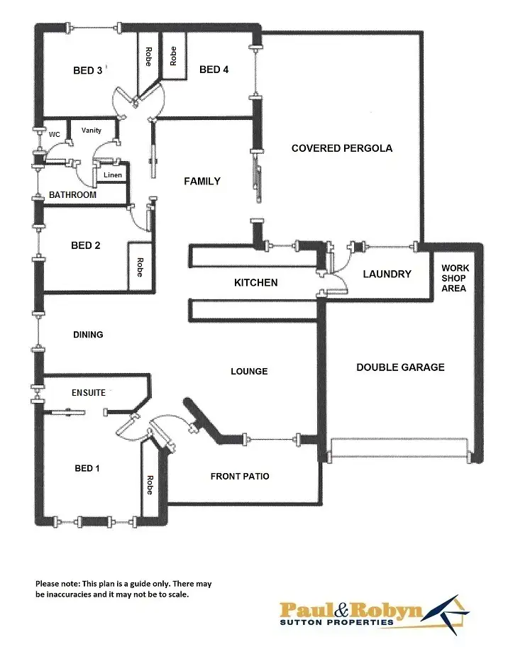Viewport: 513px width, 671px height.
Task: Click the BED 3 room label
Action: [x=88, y=70]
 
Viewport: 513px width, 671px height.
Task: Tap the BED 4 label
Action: [x=214, y=70]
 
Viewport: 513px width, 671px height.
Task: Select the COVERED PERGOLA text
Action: [x=342, y=148]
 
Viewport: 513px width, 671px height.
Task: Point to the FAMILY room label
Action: [x=202, y=182]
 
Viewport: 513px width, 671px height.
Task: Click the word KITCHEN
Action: [x=256, y=283]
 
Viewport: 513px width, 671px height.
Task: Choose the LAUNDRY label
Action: [x=387, y=274]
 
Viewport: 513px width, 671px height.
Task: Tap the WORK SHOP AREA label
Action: [x=454, y=278]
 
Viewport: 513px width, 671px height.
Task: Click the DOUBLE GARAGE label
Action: [x=400, y=367]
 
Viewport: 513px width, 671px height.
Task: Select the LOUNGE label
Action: [x=249, y=372]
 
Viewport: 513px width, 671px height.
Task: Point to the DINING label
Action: [x=88, y=335]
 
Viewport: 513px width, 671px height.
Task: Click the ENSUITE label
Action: [x=88, y=393]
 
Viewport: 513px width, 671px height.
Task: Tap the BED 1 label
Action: [x=87, y=469]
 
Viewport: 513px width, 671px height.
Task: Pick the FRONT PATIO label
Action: [x=240, y=477]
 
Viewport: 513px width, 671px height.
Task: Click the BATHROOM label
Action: [x=72, y=195]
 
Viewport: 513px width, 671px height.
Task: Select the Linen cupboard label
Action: [x=113, y=175]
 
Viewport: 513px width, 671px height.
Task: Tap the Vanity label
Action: [x=92, y=131]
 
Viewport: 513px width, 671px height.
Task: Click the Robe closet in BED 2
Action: [x=139, y=266]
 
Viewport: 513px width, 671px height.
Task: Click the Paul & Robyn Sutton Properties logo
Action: [x=373, y=614]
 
